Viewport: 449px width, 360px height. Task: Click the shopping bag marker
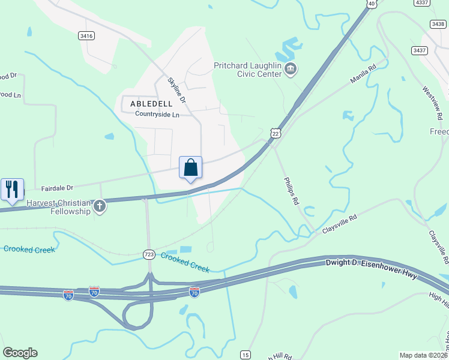tap(190, 167)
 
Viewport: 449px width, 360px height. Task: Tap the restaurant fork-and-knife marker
tap(12, 189)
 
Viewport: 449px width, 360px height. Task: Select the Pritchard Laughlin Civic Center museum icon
tap(291, 70)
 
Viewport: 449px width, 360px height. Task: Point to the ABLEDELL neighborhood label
tap(151, 104)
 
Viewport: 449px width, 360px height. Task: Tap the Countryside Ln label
tap(157, 114)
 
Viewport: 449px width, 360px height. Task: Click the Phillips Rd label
tap(292, 191)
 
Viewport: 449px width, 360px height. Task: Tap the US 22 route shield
tap(275, 133)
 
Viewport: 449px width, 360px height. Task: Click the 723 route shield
tap(149, 254)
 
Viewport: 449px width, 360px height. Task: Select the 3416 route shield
tap(86, 36)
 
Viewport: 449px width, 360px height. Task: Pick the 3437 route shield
tap(419, 50)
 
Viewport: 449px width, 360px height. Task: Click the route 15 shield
tap(245, 355)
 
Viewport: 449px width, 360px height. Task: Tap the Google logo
tap(20, 353)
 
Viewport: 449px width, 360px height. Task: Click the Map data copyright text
tap(423, 355)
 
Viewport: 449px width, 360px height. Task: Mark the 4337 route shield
tap(422, 3)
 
